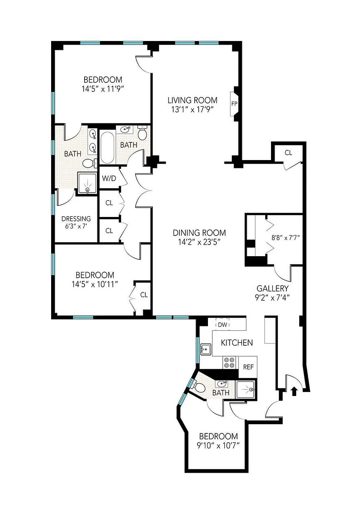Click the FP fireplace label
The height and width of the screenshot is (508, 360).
tap(234, 104)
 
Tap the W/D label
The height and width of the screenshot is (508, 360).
tap(109, 178)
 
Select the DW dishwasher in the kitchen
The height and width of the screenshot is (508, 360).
tap(223, 325)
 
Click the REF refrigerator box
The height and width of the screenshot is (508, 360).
tap(249, 367)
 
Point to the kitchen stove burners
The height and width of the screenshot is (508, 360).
tap(230, 362)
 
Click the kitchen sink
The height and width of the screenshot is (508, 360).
tap(206, 349)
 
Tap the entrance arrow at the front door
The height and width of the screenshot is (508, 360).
tap(294, 392)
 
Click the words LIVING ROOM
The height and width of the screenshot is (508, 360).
tap(192, 101)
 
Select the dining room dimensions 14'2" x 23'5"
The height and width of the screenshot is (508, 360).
tap(199, 242)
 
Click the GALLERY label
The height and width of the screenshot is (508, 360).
tap(272, 288)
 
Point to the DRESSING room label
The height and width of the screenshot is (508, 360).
tap(76, 219)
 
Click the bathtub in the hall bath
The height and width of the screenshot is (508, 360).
tap(107, 148)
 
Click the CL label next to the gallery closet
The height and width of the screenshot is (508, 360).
tap(289, 153)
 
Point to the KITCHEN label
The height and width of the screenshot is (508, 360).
tap(237, 343)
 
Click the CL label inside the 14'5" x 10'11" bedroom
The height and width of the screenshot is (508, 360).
tap(144, 295)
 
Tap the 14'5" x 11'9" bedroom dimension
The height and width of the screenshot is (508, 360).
tap(103, 89)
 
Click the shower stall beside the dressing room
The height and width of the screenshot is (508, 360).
tap(87, 183)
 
